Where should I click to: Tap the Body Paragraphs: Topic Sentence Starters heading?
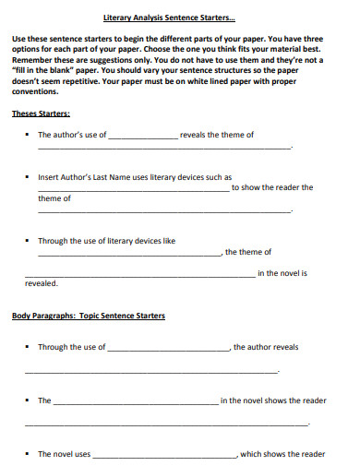[x=89, y=316]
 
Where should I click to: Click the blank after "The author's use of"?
[x=143, y=136]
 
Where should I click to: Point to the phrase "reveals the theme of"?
[x=217, y=135]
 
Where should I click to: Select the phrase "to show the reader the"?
[x=272, y=187]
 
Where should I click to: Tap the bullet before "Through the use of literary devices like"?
[x=28, y=241]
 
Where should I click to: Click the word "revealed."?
[x=41, y=283]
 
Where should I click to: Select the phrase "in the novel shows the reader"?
[x=273, y=400]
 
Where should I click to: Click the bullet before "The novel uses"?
[x=28, y=454]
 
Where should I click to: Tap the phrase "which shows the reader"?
[x=282, y=454]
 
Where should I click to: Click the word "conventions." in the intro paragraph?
[x=35, y=92]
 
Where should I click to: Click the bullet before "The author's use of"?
[x=28, y=135]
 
